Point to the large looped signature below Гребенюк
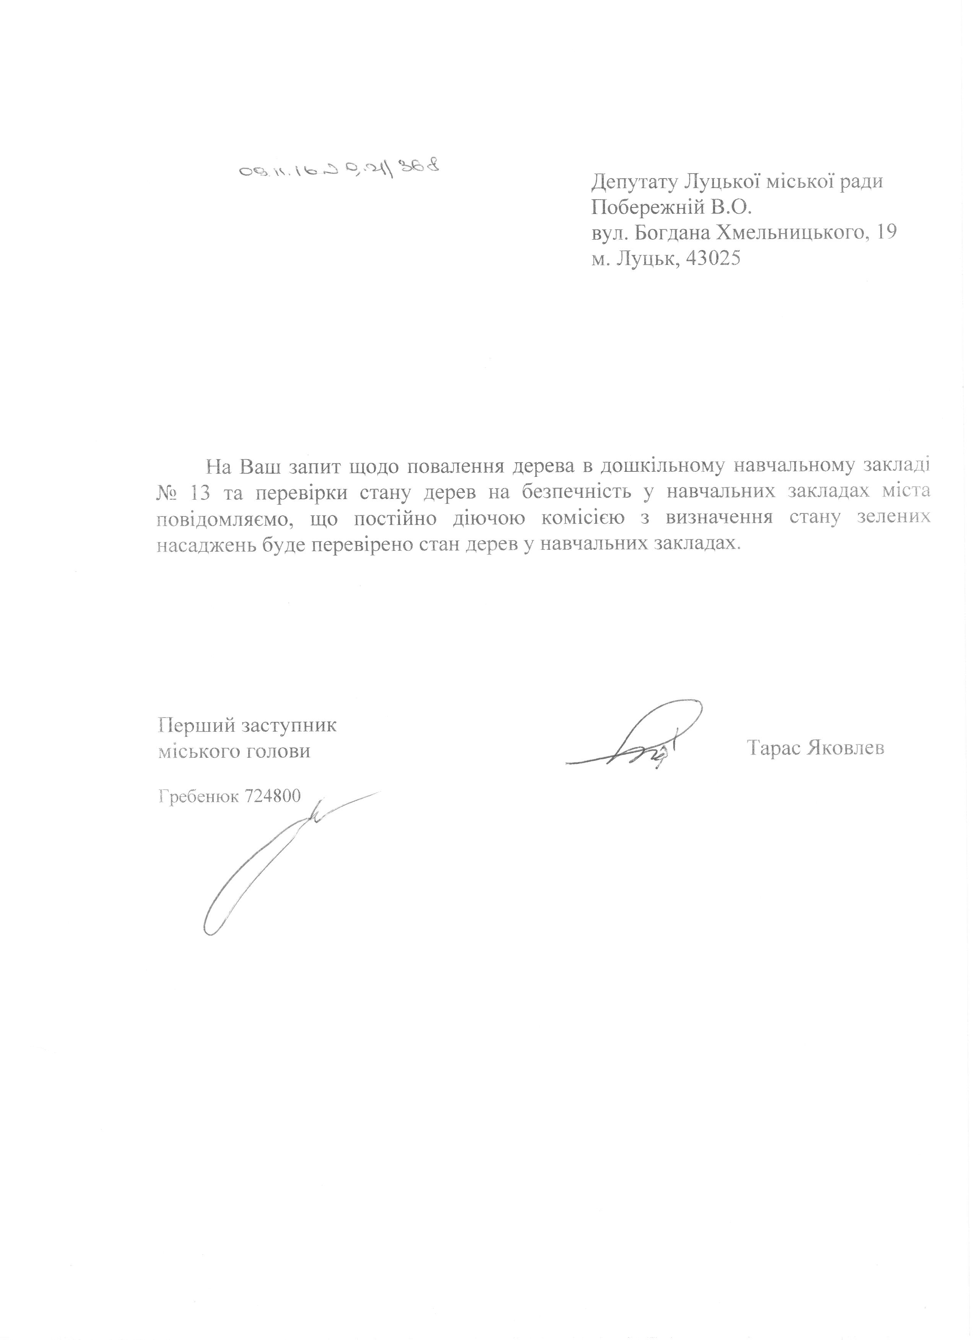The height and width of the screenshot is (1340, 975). tap(260, 862)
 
